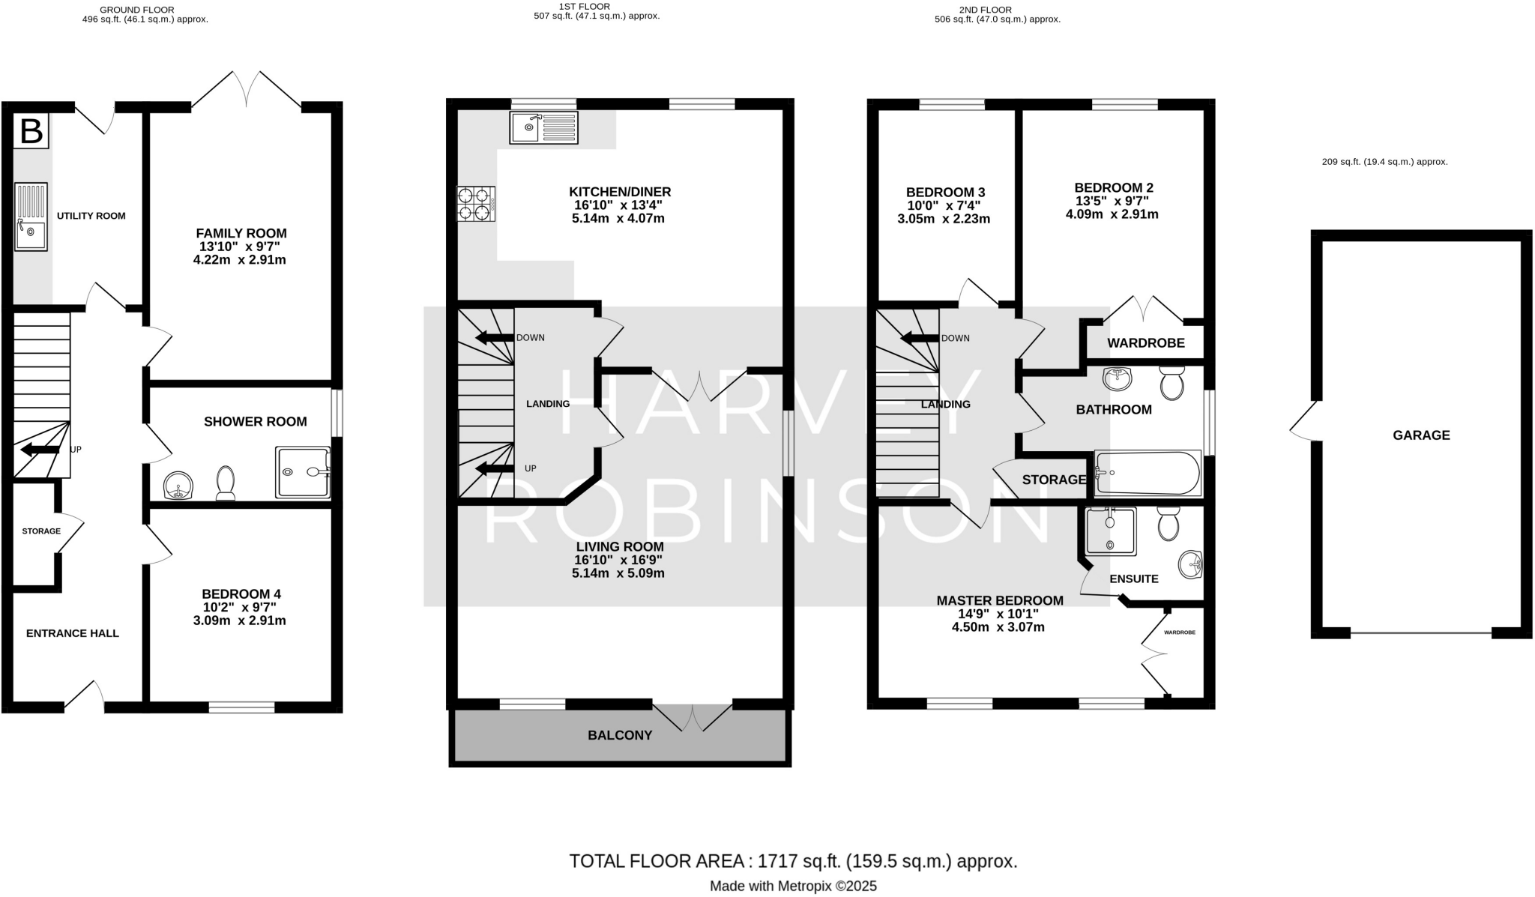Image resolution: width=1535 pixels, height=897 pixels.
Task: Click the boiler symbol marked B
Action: [x=31, y=131]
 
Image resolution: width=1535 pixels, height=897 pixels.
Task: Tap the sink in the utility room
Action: [x=31, y=217]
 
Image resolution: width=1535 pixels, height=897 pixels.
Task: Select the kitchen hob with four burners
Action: [x=475, y=204]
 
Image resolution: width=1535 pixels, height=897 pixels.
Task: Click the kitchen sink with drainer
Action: [x=543, y=128]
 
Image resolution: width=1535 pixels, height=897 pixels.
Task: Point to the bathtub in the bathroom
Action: [x=1148, y=474]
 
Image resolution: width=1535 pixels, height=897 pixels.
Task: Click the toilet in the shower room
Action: [x=226, y=483]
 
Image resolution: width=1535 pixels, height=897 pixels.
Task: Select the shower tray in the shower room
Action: [x=303, y=472]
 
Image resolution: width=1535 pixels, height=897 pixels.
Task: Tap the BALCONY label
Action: [x=620, y=735]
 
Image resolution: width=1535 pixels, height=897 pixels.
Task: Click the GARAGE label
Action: [x=1421, y=435]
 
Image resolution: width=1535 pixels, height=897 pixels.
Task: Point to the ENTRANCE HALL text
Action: [x=73, y=633]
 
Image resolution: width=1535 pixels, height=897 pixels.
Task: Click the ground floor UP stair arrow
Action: [x=40, y=450]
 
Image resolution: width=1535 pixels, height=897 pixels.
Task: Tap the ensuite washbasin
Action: [x=1189, y=564]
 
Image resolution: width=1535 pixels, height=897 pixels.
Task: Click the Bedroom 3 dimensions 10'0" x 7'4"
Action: [x=943, y=205]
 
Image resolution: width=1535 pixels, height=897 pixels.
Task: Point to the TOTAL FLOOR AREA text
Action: [x=793, y=861]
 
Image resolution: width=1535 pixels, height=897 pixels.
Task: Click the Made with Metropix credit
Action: [x=793, y=886]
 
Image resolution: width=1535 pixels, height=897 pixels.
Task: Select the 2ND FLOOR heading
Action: [x=985, y=10]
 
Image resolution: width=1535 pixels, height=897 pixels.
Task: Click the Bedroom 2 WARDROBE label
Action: [x=1145, y=343]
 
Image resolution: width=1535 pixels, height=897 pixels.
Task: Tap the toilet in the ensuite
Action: [x=1168, y=523]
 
